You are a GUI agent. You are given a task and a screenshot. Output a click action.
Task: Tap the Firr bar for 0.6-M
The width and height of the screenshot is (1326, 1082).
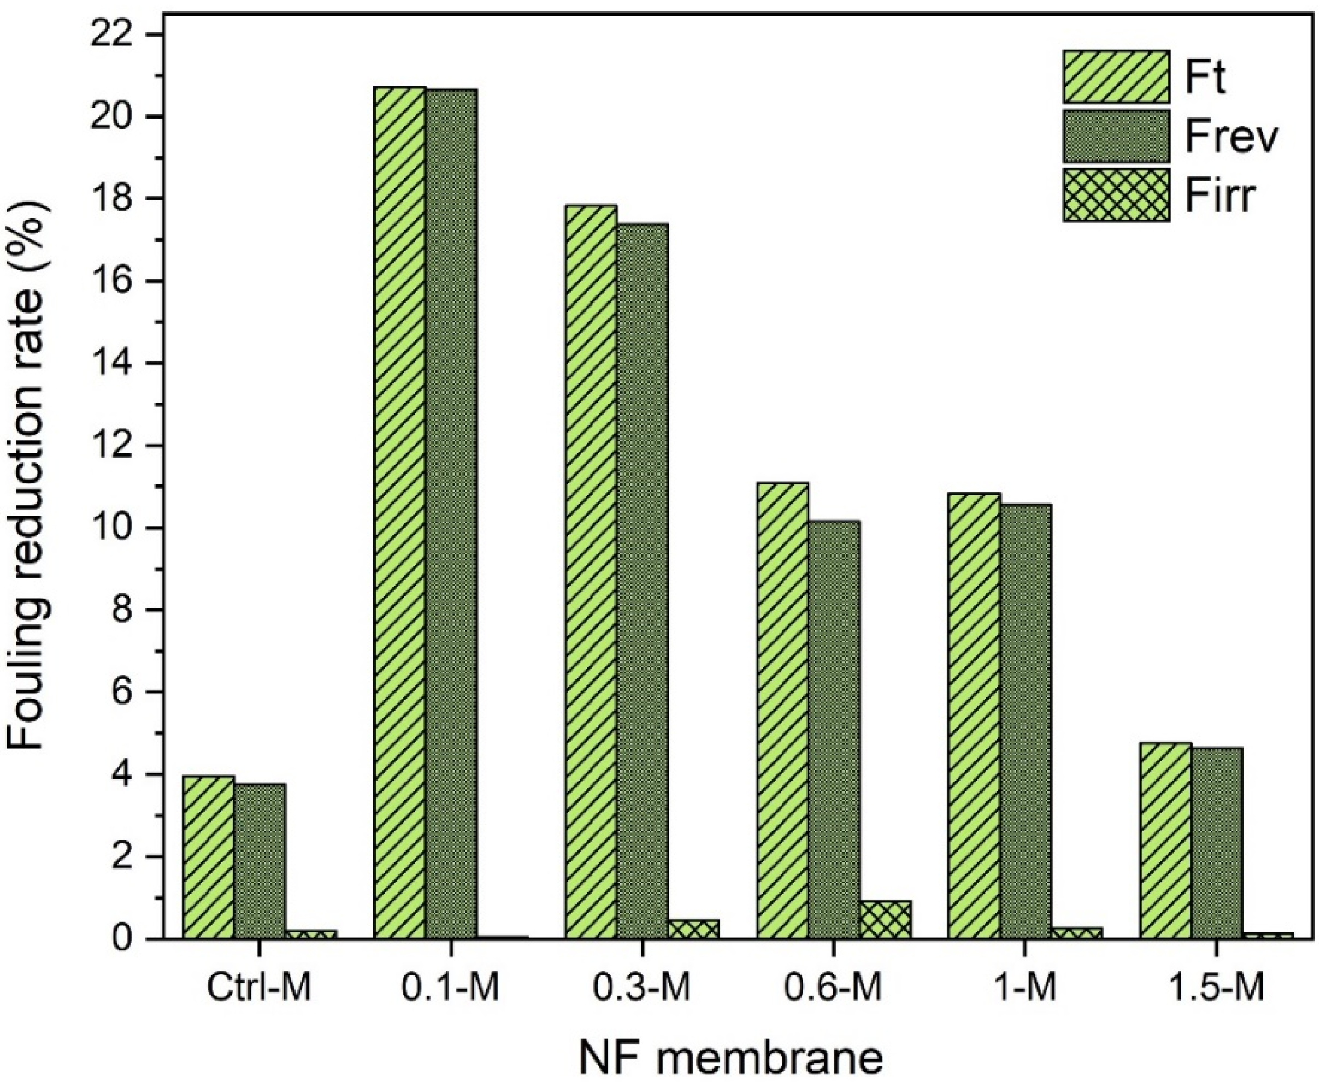(x=885, y=920)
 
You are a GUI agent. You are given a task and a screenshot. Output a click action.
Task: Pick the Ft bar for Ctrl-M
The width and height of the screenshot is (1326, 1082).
(x=209, y=857)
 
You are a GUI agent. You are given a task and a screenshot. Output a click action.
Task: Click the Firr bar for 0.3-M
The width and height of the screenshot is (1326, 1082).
(x=694, y=929)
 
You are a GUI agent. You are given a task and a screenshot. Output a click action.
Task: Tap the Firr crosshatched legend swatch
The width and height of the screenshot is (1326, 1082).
(x=1116, y=194)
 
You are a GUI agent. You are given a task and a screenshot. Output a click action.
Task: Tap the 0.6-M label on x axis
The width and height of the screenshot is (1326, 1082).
(x=834, y=989)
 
